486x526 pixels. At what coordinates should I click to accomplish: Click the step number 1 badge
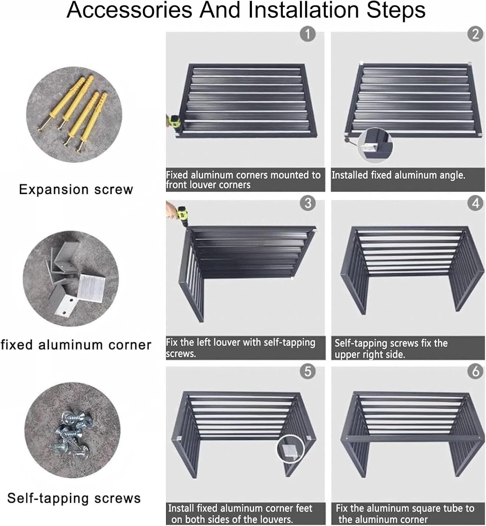click(308, 34)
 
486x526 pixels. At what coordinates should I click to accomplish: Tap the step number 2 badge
click(475, 34)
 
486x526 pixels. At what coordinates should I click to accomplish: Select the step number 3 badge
click(308, 203)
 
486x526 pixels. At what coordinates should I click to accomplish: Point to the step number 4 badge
click(475, 203)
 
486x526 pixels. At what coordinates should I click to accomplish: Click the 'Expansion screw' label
click(76, 189)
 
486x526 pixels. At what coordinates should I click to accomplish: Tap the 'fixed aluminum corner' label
click(76, 345)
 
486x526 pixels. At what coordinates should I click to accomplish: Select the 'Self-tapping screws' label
click(74, 498)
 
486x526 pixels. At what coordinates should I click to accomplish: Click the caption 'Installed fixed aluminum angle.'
click(398, 175)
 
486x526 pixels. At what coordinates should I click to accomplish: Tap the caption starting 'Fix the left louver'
click(241, 348)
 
